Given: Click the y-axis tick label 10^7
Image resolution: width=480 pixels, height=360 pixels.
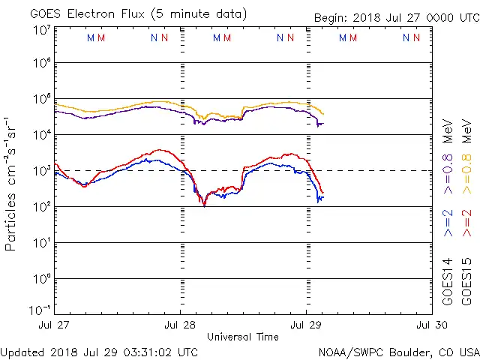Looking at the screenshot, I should (x=41, y=30).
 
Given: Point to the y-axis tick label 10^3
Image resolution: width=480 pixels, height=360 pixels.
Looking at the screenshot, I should (x=41, y=169).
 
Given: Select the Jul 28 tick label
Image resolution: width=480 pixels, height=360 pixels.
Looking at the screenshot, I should (x=180, y=325).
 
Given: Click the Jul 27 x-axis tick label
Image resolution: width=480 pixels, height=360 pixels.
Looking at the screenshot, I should (x=55, y=325).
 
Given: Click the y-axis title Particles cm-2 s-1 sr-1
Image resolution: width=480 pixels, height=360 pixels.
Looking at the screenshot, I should (x=13, y=183).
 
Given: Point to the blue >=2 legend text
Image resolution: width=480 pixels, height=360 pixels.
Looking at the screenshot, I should (x=448, y=223).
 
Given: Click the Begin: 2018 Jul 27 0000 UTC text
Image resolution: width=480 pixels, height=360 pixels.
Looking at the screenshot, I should (x=396, y=18).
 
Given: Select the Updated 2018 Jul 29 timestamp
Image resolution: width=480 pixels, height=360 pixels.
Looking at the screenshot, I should (x=100, y=352).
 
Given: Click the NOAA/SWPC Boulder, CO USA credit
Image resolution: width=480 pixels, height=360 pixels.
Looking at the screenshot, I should (x=398, y=352).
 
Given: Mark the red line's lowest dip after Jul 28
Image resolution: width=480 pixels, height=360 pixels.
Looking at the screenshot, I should (x=204, y=205).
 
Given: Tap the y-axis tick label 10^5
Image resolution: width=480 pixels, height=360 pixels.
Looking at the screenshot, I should (x=41, y=99).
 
